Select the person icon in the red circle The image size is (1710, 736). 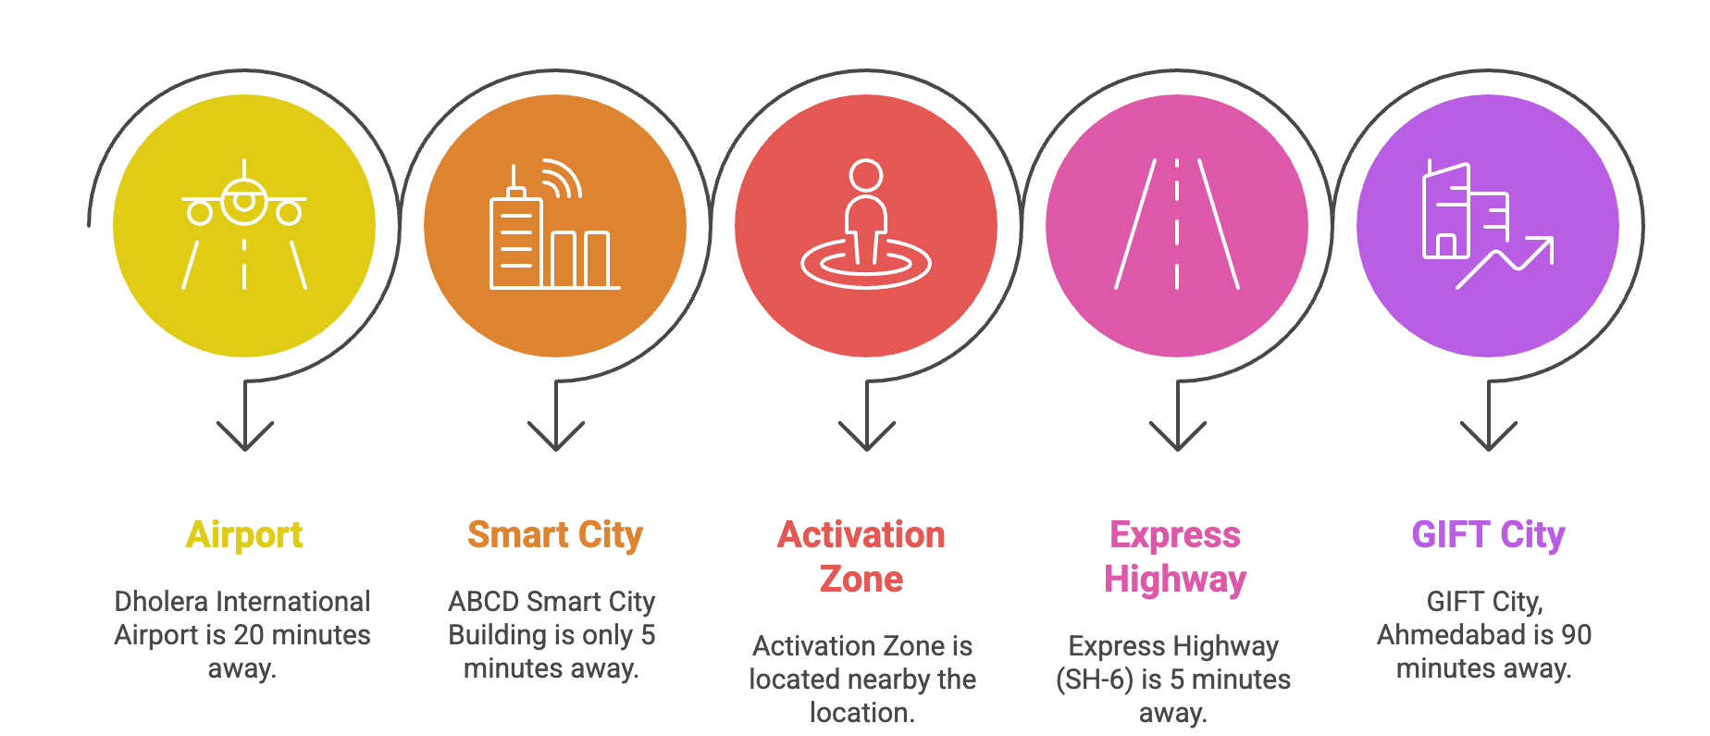(866, 224)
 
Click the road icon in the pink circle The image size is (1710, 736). (1177, 224)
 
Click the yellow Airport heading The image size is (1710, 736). (244, 535)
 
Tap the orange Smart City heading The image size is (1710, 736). (555, 535)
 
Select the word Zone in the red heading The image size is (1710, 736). (861, 579)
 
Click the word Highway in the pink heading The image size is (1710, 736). (1175, 580)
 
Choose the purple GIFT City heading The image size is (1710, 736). (1488, 535)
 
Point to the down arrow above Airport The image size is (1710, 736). (245, 416)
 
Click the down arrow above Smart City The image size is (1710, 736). (556, 416)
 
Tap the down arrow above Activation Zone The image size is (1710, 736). (867, 416)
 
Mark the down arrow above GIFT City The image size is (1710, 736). (1489, 416)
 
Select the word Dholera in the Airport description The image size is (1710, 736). (162, 602)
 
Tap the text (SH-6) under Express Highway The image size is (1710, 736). (1095, 680)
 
